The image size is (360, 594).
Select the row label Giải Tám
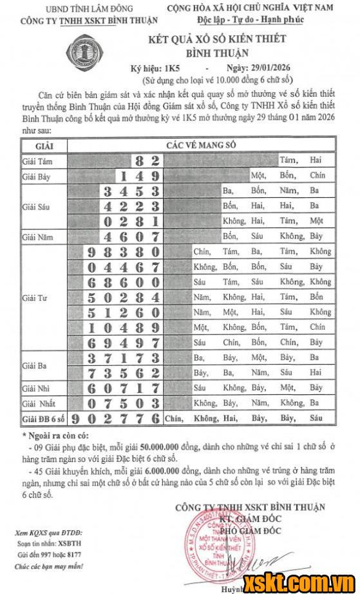click(38, 160)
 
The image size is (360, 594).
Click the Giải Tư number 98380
click(123, 252)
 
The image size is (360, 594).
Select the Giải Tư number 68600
click(123, 282)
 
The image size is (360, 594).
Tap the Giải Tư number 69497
click(123, 343)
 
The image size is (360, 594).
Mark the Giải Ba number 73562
click(123, 373)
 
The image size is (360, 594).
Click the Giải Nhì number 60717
click(123, 388)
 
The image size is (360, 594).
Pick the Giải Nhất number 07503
click(123, 404)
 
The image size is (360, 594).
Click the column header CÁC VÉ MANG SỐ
click(200, 146)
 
